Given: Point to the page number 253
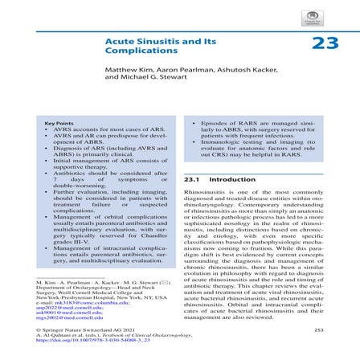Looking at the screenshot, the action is (317, 329).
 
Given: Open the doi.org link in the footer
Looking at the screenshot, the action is (89, 341).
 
